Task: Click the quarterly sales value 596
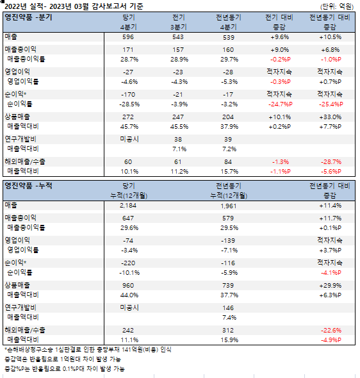click(x=127, y=37)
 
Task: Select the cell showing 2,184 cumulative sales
click(x=128, y=206)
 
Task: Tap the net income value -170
click(x=128, y=95)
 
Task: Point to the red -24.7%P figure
click(x=280, y=104)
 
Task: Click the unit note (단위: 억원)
click(x=337, y=6)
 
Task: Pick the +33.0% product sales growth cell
click(x=330, y=117)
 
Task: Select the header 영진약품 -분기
click(x=28, y=17)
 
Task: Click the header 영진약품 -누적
click(x=28, y=186)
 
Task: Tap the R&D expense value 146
click(x=228, y=308)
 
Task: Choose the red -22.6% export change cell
click(x=331, y=331)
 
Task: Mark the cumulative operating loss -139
click(x=228, y=241)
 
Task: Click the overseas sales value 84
click(x=228, y=162)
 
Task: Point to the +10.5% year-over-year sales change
click(x=330, y=37)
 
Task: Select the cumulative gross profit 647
click(x=127, y=218)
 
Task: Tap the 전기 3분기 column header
click(x=178, y=22)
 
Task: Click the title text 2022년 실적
click(x=24, y=6)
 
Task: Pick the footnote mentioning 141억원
click(x=88, y=350)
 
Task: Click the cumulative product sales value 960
click(x=127, y=286)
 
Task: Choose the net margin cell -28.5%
click(x=129, y=104)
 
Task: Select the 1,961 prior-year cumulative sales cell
click(x=229, y=206)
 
